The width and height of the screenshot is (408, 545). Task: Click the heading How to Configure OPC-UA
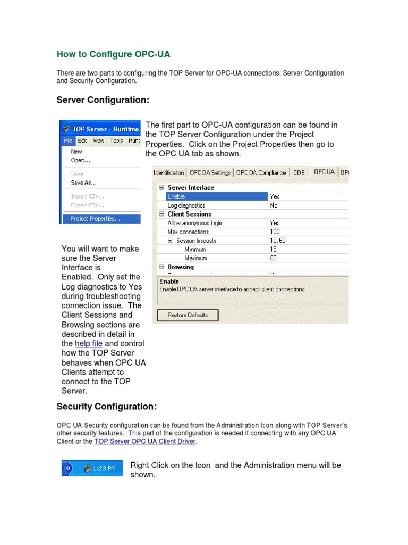pyautogui.click(x=113, y=54)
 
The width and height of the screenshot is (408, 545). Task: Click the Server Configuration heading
pyautogui.click(x=103, y=100)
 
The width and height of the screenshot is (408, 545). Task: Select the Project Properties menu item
pyautogui.click(x=95, y=218)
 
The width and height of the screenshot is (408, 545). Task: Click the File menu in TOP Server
pyautogui.click(x=68, y=141)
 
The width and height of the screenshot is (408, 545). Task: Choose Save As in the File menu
pyautogui.click(x=84, y=183)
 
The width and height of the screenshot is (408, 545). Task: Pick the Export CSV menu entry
pyautogui.click(x=87, y=205)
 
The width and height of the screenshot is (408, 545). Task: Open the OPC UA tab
pyautogui.click(x=324, y=172)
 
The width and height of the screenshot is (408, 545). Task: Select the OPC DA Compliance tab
pyautogui.click(x=261, y=172)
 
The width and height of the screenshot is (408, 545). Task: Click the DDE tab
pyautogui.click(x=299, y=172)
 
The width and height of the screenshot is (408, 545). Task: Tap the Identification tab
pyautogui.click(x=169, y=172)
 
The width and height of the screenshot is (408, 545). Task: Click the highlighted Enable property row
pyautogui.click(x=212, y=196)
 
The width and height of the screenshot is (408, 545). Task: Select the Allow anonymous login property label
pyautogui.click(x=194, y=223)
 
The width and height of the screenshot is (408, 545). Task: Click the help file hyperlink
pyautogui.click(x=89, y=344)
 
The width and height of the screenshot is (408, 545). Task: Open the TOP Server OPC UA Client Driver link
pyautogui.click(x=145, y=442)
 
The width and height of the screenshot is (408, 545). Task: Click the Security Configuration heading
pyautogui.click(x=107, y=407)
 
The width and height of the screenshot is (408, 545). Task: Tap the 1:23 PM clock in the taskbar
pyautogui.click(x=105, y=468)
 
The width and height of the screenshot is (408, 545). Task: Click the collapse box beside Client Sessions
pyautogui.click(x=161, y=214)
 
